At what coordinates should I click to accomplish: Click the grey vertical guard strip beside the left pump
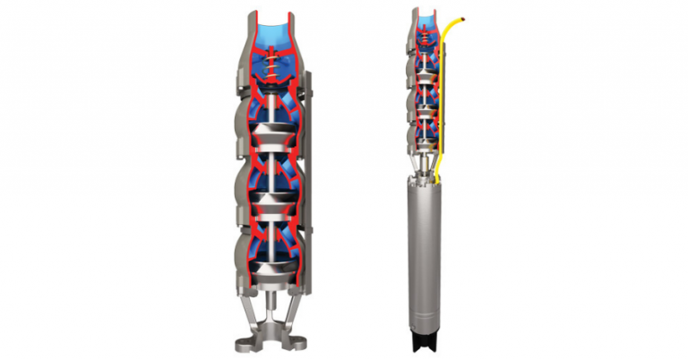(310, 179)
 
